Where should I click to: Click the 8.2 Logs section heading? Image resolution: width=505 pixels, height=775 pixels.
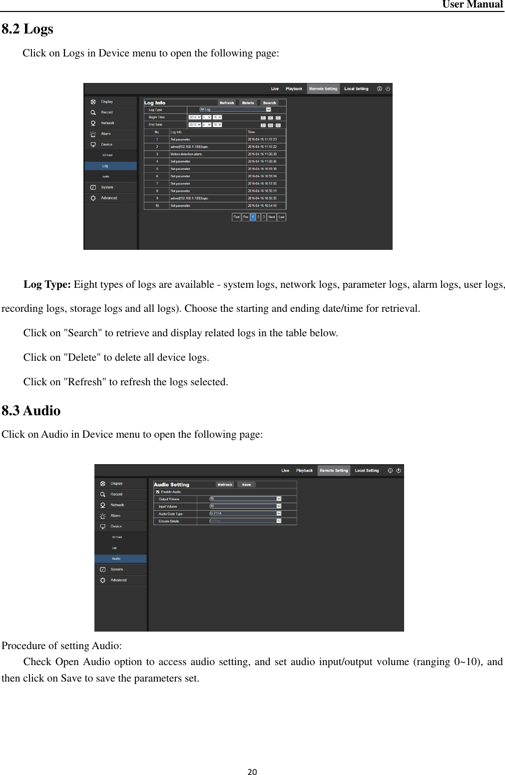click(27, 29)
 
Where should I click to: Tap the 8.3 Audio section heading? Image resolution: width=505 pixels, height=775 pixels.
click(31, 411)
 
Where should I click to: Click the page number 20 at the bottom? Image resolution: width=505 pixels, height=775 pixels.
click(252, 772)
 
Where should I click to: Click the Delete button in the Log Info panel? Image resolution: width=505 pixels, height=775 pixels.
click(248, 103)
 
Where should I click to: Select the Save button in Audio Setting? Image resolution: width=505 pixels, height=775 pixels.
click(246, 485)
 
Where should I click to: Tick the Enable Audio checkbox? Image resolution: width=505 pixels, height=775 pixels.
click(158, 492)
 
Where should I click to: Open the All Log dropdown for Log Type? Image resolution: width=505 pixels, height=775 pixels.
click(235, 109)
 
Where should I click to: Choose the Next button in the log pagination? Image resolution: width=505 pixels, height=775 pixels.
click(272, 217)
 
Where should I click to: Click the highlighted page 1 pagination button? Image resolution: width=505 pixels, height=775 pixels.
click(253, 217)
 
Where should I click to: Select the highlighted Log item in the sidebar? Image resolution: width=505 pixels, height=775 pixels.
click(105, 166)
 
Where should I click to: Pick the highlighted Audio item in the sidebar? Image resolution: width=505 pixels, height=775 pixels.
click(116, 559)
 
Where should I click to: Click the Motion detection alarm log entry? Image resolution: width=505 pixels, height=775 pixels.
click(186, 154)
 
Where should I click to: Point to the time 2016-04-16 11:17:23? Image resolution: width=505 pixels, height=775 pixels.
click(262, 139)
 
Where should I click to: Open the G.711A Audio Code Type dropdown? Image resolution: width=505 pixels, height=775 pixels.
click(245, 514)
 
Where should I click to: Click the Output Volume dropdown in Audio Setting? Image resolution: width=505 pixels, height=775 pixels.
click(245, 499)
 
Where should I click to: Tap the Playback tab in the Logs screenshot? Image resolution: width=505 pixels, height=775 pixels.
click(294, 89)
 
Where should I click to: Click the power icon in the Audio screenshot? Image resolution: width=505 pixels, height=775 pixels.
click(399, 470)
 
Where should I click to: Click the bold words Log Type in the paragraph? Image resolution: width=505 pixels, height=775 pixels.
click(47, 285)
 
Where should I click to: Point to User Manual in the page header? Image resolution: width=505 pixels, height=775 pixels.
click(472, 4)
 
